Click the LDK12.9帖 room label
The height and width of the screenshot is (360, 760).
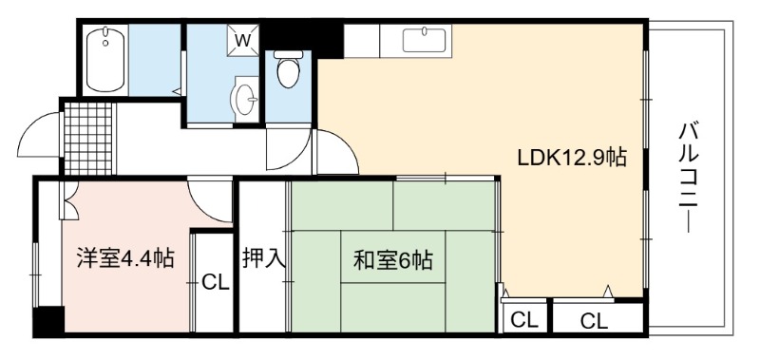(573, 158)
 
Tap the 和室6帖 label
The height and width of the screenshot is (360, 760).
(393, 260)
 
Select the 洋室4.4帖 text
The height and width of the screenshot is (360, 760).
(125, 258)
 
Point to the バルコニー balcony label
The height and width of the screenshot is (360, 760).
(688, 178)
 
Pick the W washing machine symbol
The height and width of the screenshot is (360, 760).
(243, 40)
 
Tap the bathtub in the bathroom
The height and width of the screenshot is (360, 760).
(105, 60)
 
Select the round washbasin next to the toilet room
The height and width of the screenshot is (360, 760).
(245, 100)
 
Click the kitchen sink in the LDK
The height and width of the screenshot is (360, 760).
(424, 40)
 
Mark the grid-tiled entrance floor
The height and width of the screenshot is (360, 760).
(87, 138)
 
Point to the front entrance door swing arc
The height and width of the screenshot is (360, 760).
(38, 134)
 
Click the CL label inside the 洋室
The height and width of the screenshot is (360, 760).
(216, 282)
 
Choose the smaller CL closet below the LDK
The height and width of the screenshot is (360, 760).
(525, 320)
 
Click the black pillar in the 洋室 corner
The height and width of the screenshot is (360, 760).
(49, 321)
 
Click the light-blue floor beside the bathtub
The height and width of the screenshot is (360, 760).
(154, 60)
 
